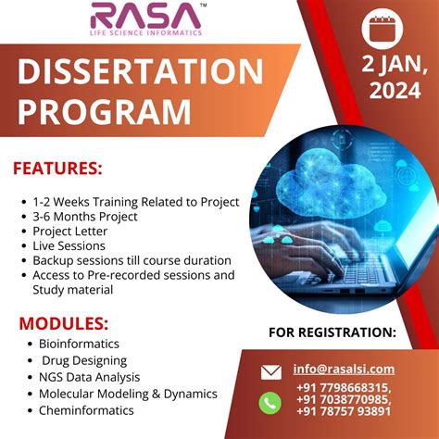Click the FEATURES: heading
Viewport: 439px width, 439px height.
pos(58,169)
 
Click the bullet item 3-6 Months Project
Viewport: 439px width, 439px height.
pos(85,216)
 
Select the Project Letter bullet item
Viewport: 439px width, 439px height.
pos(70,231)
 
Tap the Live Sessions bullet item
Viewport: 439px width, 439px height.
pos(69,245)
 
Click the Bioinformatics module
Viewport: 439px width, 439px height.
pos(75,344)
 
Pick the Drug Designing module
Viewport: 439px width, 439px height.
pos(84,360)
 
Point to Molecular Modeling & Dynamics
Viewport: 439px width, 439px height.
pos(125,394)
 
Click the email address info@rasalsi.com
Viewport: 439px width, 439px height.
pos(344,369)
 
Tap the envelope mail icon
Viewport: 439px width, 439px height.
pos(270,372)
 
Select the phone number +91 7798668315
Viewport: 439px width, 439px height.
pos(344,387)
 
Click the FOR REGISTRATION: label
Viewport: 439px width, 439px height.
pos(332,332)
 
